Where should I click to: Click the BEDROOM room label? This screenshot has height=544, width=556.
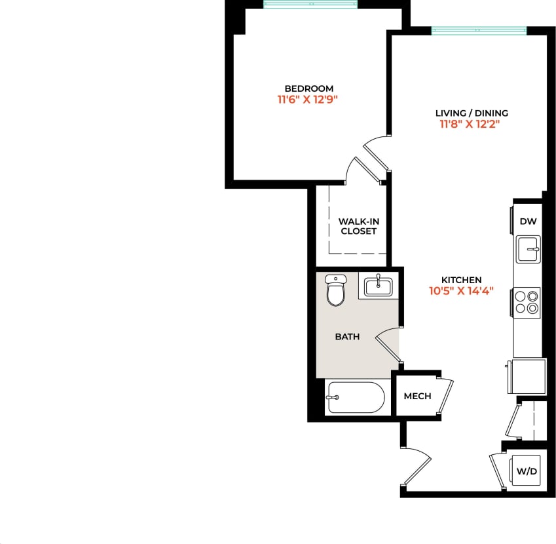pyautogui.click(x=308, y=88)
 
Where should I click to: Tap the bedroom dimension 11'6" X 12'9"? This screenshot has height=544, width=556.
pyautogui.click(x=308, y=100)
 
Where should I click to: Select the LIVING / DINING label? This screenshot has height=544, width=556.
pyautogui.click(x=472, y=113)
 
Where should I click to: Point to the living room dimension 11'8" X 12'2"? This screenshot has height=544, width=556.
pyautogui.click(x=472, y=125)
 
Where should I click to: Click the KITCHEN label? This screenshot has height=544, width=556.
pyautogui.click(x=462, y=280)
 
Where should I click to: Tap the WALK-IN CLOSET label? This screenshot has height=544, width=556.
pyautogui.click(x=358, y=226)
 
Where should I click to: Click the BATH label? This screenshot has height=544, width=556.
pyautogui.click(x=347, y=337)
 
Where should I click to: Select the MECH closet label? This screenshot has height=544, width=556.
pyautogui.click(x=417, y=396)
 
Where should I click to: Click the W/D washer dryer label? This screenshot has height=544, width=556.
pyautogui.click(x=527, y=471)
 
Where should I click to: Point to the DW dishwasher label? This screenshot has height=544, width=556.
pyautogui.click(x=528, y=222)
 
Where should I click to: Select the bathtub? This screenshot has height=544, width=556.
pyautogui.click(x=354, y=397)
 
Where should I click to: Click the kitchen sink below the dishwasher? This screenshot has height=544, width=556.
pyautogui.click(x=528, y=249)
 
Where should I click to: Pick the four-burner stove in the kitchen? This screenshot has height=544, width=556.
pyautogui.click(x=527, y=302)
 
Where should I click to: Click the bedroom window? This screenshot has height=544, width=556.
pyautogui.click(x=311, y=5)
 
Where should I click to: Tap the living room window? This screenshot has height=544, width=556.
pyautogui.click(x=479, y=30)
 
